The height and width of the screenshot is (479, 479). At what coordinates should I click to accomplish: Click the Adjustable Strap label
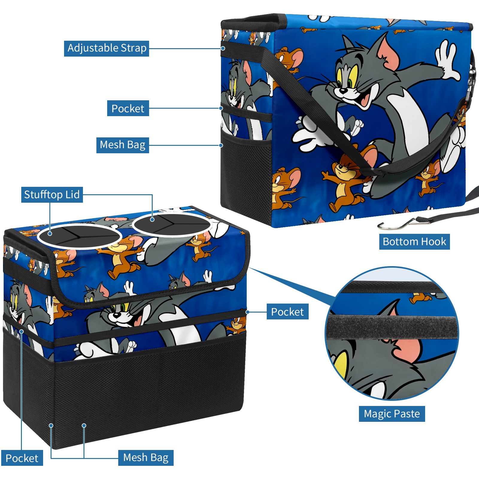[107, 48]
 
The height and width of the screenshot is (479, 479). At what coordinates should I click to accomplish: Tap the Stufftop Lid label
[52, 195]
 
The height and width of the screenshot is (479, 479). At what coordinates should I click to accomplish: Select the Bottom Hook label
[414, 242]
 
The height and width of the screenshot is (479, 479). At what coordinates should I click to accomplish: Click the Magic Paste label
[392, 414]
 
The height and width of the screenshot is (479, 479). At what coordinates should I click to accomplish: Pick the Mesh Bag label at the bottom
[146, 458]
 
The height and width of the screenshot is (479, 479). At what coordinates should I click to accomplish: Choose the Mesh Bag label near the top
[122, 145]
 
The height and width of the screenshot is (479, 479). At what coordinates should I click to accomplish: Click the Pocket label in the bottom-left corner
[22, 458]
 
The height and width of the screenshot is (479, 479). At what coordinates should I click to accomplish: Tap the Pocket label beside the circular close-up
[287, 312]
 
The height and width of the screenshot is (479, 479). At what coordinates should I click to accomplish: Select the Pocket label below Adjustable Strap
[128, 108]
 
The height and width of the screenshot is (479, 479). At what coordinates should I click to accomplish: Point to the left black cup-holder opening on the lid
[80, 237]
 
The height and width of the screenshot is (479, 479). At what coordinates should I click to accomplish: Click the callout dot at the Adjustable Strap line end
[223, 48]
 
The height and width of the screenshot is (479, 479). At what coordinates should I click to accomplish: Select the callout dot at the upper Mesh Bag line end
[221, 145]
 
